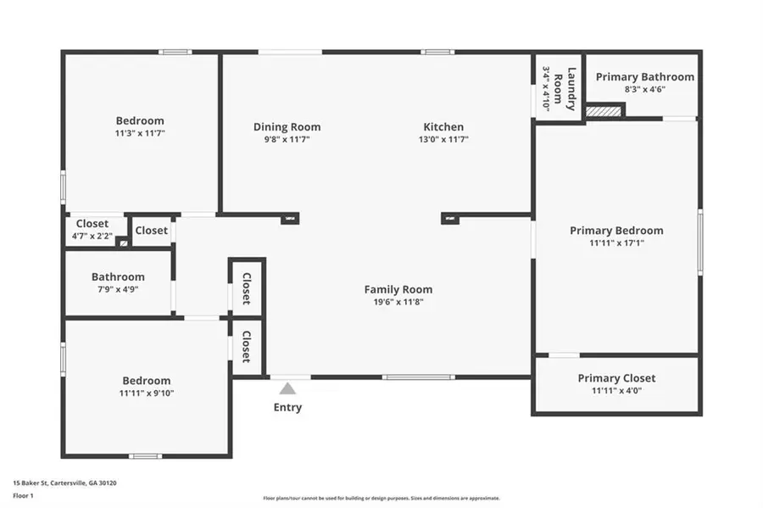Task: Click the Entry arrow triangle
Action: click(x=288, y=389)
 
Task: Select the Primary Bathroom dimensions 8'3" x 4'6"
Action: click(x=644, y=89)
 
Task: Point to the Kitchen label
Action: click(x=443, y=127)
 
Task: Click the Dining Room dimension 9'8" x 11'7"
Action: click(x=287, y=139)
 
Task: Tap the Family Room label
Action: click(x=398, y=289)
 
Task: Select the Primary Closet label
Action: click(x=616, y=378)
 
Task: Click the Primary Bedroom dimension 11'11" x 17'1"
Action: click(x=616, y=243)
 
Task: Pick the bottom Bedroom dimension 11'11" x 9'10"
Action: click(x=146, y=393)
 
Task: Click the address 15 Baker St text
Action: click(x=64, y=483)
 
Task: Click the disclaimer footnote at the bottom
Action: click(x=381, y=499)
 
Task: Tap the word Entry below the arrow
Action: click(x=287, y=407)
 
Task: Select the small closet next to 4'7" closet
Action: click(x=152, y=230)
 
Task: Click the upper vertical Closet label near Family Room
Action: click(x=247, y=288)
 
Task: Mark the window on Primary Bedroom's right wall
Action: click(x=700, y=242)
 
